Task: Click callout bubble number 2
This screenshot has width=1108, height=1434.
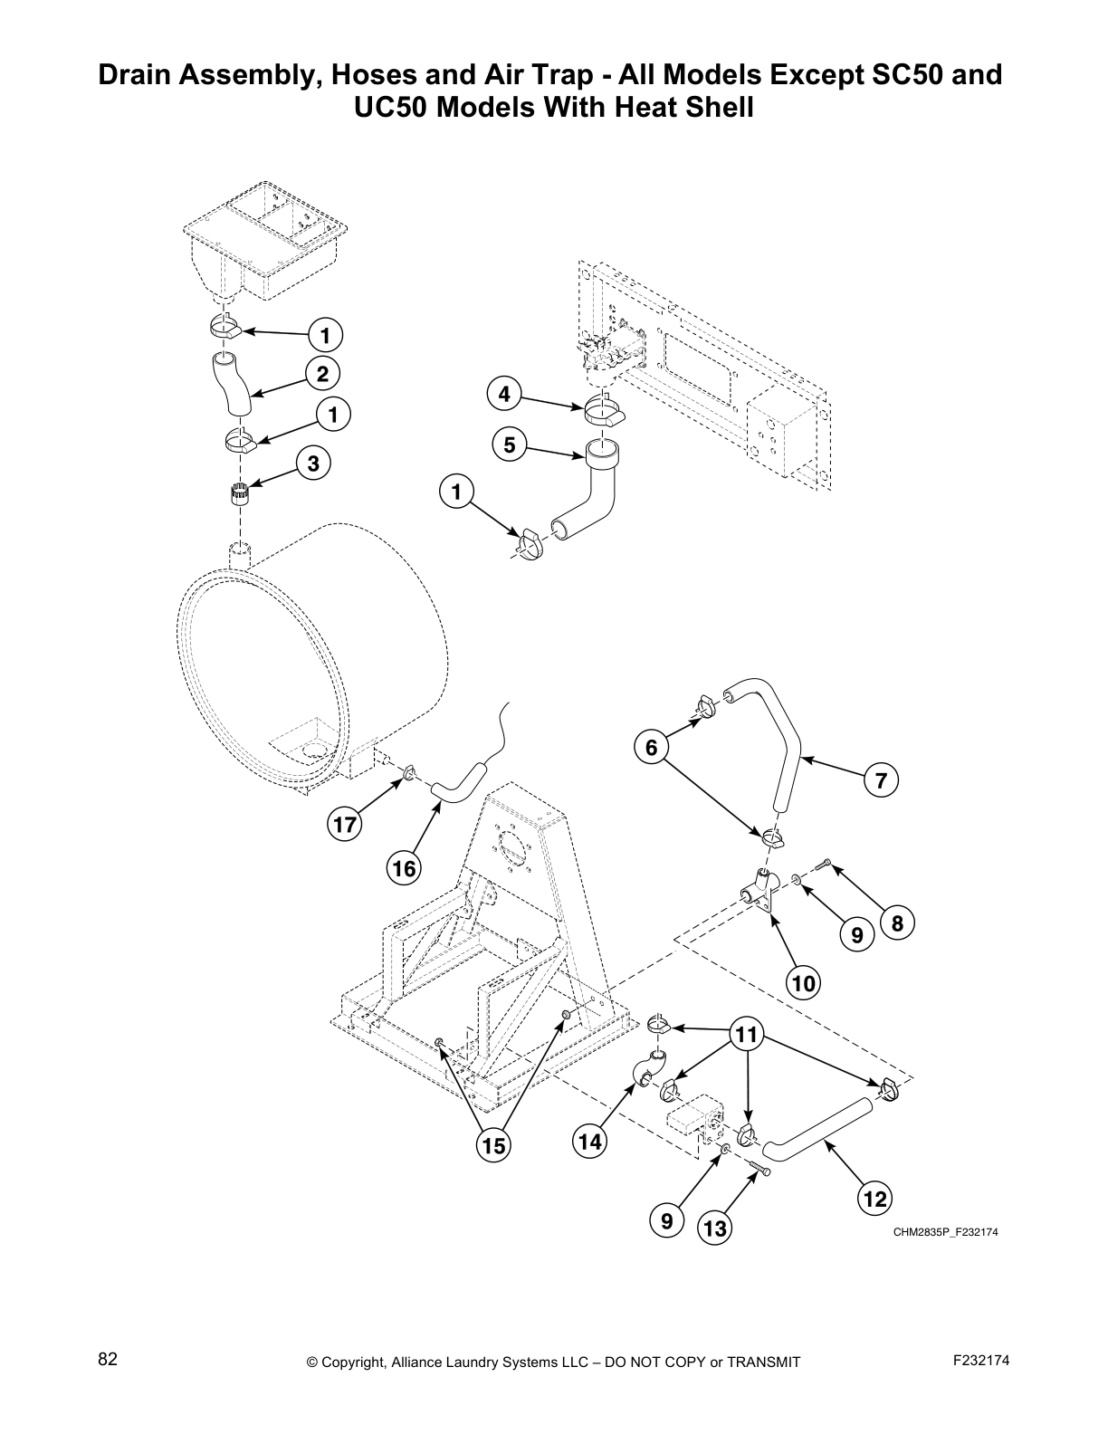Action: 322,373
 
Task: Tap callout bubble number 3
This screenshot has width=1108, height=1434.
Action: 313,464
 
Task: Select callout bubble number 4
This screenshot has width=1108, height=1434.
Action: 504,395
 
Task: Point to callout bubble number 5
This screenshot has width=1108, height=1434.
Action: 510,445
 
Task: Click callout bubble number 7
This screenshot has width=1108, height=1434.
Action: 881,779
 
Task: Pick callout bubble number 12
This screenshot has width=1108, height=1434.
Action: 874,1199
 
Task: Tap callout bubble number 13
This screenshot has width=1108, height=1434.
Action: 715,1228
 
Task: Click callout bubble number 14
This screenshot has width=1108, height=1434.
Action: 589,1142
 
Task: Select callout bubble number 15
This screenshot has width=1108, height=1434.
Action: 493,1145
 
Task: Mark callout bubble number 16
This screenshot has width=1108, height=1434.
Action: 403,869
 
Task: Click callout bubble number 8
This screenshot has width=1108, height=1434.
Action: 897,923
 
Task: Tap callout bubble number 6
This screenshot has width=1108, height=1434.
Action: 651,748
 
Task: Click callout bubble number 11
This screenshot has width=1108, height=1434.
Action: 748,1035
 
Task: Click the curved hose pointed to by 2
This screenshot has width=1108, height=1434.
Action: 232,386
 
